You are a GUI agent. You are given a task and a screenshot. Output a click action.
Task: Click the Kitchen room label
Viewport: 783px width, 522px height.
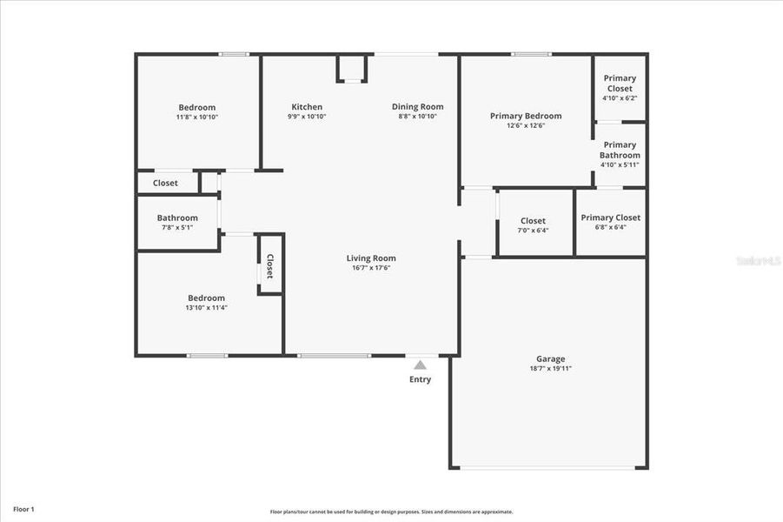(307, 107)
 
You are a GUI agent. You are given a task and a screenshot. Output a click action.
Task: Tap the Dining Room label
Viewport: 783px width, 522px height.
(417, 107)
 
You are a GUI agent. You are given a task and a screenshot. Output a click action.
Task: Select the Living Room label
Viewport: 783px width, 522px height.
(371, 258)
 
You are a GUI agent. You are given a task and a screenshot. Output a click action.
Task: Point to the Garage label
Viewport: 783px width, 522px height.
(550, 358)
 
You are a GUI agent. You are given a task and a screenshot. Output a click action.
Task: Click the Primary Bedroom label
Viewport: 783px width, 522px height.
(526, 116)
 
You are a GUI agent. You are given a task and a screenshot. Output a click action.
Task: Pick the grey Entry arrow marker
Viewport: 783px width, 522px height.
(421, 365)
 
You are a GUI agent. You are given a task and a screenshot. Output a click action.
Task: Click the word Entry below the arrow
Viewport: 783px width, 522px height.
(421, 379)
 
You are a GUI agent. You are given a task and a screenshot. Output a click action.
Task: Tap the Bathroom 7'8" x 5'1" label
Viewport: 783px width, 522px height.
(177, 217)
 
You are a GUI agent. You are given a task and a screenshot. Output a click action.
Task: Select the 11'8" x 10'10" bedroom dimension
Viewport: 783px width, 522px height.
(196, 117)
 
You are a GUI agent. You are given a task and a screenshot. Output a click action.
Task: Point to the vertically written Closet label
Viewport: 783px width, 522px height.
(269, 266)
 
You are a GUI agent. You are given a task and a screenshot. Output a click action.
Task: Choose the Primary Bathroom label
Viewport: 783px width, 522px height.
(620, 150)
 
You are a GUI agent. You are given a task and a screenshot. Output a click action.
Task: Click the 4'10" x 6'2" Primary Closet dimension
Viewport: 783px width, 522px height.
(620, 98)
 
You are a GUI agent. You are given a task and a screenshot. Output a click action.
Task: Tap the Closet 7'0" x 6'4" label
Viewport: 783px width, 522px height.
(533, 221)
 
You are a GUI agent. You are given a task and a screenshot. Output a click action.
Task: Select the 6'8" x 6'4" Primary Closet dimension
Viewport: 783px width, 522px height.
(610, 227)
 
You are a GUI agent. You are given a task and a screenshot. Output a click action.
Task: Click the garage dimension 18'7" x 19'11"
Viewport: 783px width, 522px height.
(550, 368)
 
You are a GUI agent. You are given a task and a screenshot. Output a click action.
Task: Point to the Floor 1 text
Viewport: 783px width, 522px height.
(23, 508)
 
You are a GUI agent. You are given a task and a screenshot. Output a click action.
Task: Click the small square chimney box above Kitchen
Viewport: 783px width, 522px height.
(352, 68)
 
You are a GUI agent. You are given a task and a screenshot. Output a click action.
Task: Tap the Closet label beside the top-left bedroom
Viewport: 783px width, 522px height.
(165, 183)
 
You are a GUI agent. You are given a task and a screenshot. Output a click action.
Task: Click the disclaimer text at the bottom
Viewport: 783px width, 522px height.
(391, 512)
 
